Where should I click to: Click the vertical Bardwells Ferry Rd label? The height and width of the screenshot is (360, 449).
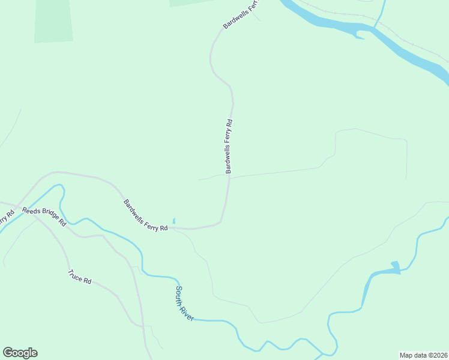229,147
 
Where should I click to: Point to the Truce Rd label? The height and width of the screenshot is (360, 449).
79,277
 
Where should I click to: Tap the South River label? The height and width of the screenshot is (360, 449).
184,303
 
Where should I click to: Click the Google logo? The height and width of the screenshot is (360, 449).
20,353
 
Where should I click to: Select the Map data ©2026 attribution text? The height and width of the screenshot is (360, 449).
423,355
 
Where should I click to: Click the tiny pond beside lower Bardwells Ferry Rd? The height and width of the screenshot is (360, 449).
173,221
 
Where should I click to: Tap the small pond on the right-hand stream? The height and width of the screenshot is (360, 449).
395,266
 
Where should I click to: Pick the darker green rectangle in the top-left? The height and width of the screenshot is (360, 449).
53,21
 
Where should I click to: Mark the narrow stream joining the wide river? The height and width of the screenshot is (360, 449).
381,12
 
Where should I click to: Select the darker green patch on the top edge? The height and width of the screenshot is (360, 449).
191,2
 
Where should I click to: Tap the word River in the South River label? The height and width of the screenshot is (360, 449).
187,311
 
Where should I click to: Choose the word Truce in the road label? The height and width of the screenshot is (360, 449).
76,275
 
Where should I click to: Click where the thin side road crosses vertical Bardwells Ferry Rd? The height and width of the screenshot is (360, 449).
229,178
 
